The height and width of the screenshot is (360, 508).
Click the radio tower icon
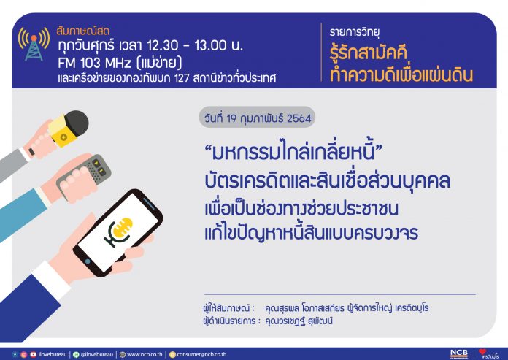coord(34,44)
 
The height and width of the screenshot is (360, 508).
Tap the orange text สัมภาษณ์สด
coord(83,31)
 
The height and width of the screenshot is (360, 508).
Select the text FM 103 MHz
coord(95,63)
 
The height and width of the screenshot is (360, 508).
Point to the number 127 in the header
coord(182,78)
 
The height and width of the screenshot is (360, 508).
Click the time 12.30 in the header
coord(162,46)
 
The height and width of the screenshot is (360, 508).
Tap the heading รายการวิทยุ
coord(355,32)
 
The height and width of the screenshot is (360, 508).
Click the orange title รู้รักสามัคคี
coord(369,53)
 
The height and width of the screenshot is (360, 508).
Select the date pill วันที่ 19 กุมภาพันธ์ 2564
coord(257,118)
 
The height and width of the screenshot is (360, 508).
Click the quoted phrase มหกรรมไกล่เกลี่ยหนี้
coord(293,151)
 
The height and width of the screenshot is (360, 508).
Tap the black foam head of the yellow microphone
coord(77,123)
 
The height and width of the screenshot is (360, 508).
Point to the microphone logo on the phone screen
coord(118,231)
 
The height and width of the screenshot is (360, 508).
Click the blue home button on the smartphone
coord(88,261)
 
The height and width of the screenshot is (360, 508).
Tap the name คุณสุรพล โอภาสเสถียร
coord(304,308)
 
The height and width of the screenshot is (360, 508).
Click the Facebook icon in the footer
coord(15,354)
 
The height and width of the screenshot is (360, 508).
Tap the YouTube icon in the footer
coord(33,354)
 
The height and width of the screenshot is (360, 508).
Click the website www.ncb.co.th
coord(145,354)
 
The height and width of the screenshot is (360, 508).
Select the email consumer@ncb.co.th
coord(201,354)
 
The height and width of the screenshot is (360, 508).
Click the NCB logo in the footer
coord(459,354)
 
